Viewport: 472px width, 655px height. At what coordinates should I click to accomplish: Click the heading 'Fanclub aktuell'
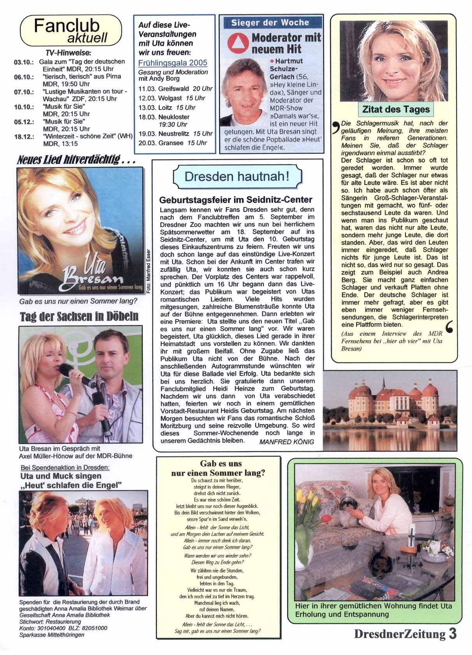tap(70, 31)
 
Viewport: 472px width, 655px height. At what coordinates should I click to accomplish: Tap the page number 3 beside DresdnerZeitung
tap(452, 634)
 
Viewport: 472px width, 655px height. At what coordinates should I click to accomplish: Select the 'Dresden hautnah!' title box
tap(237, 176)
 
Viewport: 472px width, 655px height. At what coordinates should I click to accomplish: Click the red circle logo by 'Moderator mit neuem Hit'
tap(238, 43)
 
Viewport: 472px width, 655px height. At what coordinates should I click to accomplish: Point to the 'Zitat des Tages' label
tap(396, 109)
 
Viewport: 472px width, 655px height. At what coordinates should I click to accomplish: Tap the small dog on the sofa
tap(347, 509)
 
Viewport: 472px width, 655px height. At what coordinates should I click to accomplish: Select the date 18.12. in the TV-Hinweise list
tap(24, 137)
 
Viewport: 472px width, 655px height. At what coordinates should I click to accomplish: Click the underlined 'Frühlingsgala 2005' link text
tap(173, 63)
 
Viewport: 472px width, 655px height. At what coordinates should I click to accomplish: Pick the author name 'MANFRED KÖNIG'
tap(286, 442)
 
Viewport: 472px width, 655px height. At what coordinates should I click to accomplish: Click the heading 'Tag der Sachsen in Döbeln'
tap(79, 316)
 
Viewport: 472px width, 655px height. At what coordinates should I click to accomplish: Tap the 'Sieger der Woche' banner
tap(270, 23)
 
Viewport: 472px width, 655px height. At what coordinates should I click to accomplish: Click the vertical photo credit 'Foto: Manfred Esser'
tap(148, 270)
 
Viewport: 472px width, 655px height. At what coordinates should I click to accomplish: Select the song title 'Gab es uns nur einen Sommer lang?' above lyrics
tap(218, 468)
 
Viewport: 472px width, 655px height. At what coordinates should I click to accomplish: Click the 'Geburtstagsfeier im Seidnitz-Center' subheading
tap(236, 200)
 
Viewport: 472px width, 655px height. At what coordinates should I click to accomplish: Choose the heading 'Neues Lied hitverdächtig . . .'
tap(76, 160)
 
